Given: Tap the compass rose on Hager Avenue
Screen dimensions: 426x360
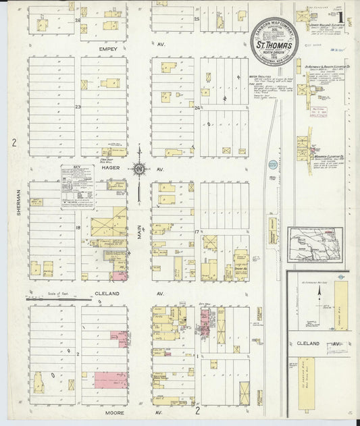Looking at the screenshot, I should [138, 169].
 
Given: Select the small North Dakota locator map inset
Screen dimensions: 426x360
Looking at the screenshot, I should [313, 244].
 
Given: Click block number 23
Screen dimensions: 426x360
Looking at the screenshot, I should [78, 107].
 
